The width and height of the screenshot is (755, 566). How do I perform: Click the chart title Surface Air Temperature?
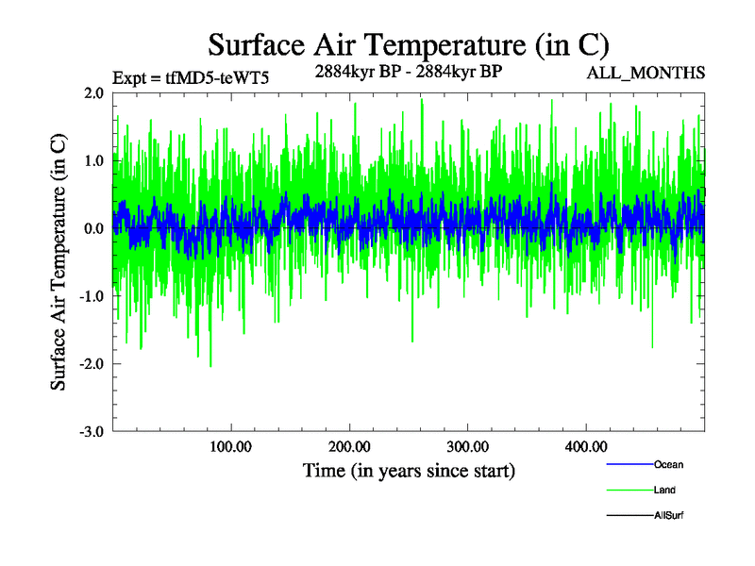click(x=409, y=44)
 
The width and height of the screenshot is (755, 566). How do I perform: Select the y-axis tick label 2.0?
click(x=92, y=93)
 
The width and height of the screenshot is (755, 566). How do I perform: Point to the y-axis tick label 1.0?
click(x=92, y=161)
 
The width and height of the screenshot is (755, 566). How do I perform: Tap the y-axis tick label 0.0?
click(x=92, y=229)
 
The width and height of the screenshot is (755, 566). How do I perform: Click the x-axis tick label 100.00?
click(x=230, y=447)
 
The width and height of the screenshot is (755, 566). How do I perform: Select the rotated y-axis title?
click(x=59, y=262)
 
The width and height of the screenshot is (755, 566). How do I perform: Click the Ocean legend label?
click(x=668, y=464)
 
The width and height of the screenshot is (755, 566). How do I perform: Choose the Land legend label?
click(x=664, y=490)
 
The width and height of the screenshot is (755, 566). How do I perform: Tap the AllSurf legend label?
click(x=668, y=515)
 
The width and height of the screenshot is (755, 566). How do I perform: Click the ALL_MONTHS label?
click(x=646, y=74)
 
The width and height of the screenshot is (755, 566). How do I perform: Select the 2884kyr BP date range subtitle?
click(x=408, y=70)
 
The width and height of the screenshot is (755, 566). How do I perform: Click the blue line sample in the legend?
click(x=629, y=464)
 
